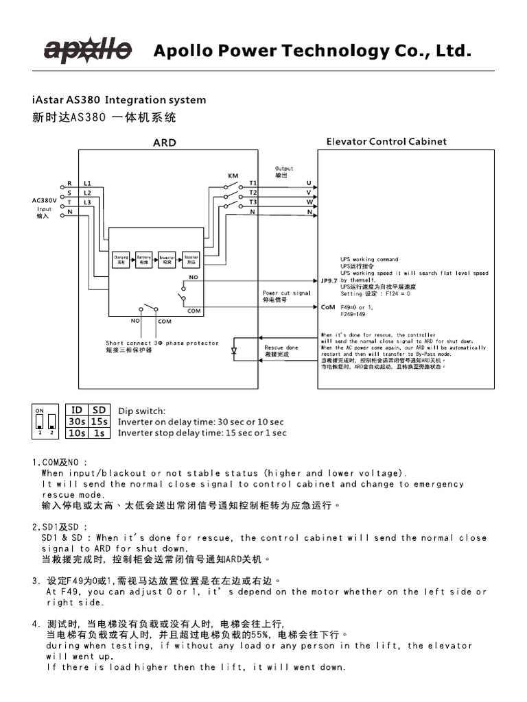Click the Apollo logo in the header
pyautogui.click(x=88, y=50)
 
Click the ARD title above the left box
pyautogui.click(x=164, y=143)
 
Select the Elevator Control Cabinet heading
pyautogui.click(x=386, y=142)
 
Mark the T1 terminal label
pyautogui.click(x=253, y=183)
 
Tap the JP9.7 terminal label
pyautogui.click(x=329, y=280)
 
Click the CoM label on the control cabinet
pyautogui.click(x=328, y=307)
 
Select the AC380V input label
pyautogui.click(x=44, y=200)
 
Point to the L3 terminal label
pyautogui.click(x=87, y=202)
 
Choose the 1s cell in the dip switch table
pyautogui.click(x=99, y=433)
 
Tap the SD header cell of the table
pyautogui.click(x=99, y=410)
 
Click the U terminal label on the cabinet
pyautogui.click(x=309, y=184)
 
